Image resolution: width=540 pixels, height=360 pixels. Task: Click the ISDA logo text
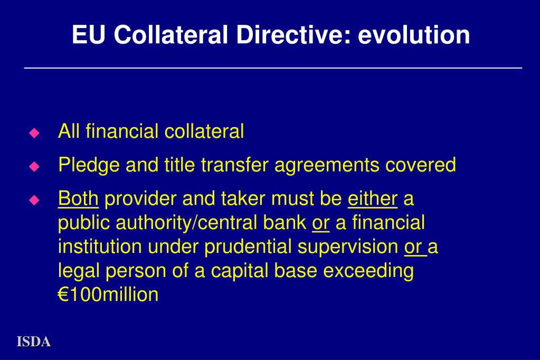[34, 342]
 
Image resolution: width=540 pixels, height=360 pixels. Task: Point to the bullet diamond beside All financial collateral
[34, 132]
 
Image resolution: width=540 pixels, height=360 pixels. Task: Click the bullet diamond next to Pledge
[34, 167]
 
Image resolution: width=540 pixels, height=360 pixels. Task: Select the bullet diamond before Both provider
[34, 201]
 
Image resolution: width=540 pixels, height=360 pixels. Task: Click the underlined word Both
[78, 199]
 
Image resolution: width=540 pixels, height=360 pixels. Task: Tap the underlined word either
[373, 199]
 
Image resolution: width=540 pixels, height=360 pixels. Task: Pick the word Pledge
[89, 165]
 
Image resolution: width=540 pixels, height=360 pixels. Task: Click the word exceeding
[368, 271]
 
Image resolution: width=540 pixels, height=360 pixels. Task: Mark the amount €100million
[108, 295]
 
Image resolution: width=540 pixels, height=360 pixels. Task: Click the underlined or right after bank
[321, 223]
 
